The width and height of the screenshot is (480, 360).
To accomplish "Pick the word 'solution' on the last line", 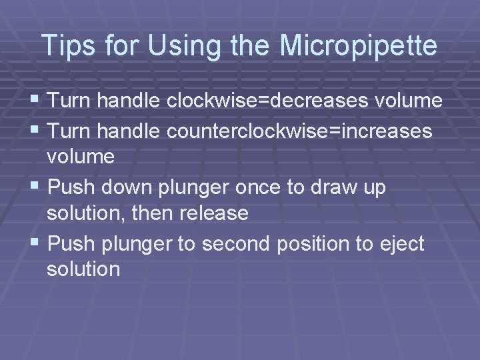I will tap(83, 269).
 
